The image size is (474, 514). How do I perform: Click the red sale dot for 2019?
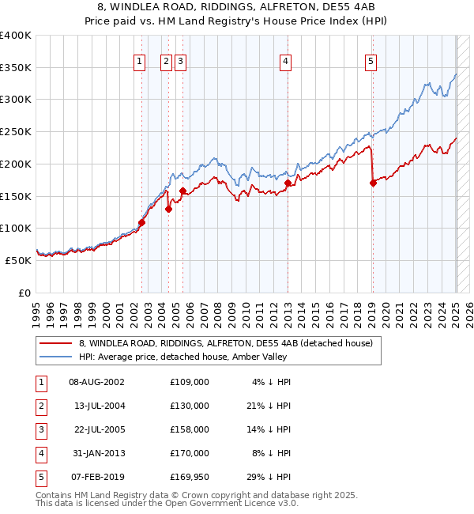(373, 183)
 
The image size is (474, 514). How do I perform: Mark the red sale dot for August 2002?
(141, 222)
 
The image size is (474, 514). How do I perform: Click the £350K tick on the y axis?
(16, 68)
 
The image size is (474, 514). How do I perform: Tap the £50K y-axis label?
(19, 260)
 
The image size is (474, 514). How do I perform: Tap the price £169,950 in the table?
(189, 477)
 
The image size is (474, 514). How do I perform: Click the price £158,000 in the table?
(190, 429)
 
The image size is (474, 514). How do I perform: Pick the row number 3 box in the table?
(40, 429)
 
